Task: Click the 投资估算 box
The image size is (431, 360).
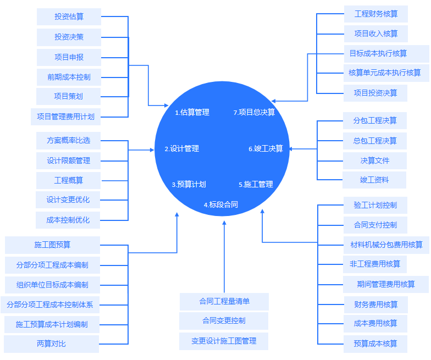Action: pos(69,16)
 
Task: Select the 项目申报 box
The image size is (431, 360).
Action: pos(69,57)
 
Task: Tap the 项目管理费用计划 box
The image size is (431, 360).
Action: pos(65,117)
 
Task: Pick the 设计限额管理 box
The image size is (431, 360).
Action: pos(68,160)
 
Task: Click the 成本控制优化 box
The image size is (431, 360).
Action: pos(68,220)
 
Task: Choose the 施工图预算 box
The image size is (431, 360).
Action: pos(52,245)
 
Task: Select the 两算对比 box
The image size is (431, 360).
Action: pos(51,344)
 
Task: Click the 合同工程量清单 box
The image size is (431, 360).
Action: pos(224,302)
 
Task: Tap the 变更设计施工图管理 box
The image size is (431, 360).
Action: pos(224,341)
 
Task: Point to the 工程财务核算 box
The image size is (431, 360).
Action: pos(376,14)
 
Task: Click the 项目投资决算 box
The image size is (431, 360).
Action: pos(375,93)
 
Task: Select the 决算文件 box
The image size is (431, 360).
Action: pos(375,160)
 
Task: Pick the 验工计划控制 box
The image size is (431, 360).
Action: pos(375,205)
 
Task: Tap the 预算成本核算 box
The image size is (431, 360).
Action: pos(375,344)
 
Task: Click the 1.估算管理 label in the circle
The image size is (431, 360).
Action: pos(192,112)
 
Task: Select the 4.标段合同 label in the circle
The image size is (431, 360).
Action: pos(221,204)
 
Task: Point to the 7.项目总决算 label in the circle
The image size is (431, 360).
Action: pos(254,112)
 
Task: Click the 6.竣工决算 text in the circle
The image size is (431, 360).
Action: pos(266,148)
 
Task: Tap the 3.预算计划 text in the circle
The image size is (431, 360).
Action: pos(189,185)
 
